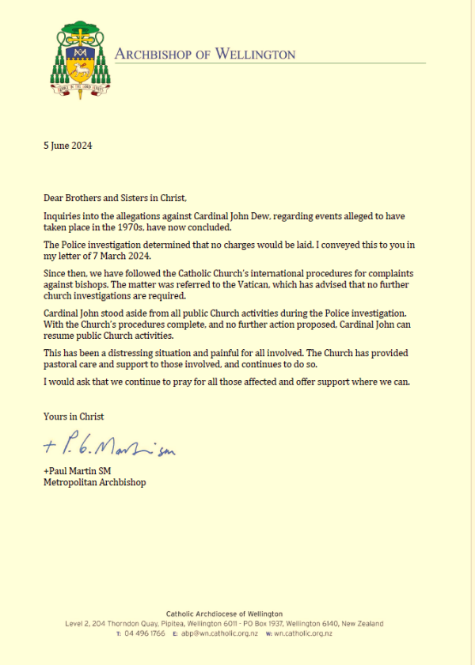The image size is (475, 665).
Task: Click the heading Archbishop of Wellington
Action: coord(205,54)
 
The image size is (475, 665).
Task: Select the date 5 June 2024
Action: coord(68,145)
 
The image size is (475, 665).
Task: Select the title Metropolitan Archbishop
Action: coord(94,481)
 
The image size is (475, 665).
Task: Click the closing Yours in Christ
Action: coord(74,416)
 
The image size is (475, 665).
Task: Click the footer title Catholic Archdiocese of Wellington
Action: coord(224,614)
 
